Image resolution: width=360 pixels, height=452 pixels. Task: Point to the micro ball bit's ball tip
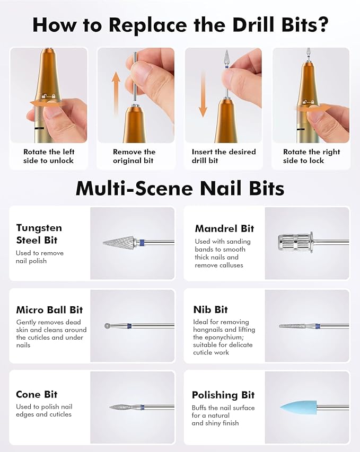108,325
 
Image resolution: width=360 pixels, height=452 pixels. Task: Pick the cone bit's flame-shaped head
123,407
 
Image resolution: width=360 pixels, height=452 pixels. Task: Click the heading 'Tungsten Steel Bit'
39,234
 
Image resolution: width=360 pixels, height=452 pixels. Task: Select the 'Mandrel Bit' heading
224,228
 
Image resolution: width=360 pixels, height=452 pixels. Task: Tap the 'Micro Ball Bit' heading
49,310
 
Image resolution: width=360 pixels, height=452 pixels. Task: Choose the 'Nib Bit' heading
210,309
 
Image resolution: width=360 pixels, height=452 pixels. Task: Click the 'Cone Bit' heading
37,394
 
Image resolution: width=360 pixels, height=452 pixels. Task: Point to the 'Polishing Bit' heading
223,395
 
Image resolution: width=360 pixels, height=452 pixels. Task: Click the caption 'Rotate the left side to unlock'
48,156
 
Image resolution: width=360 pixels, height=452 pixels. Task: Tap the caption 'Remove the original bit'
135,156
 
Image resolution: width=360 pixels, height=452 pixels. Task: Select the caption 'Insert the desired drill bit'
224,156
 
